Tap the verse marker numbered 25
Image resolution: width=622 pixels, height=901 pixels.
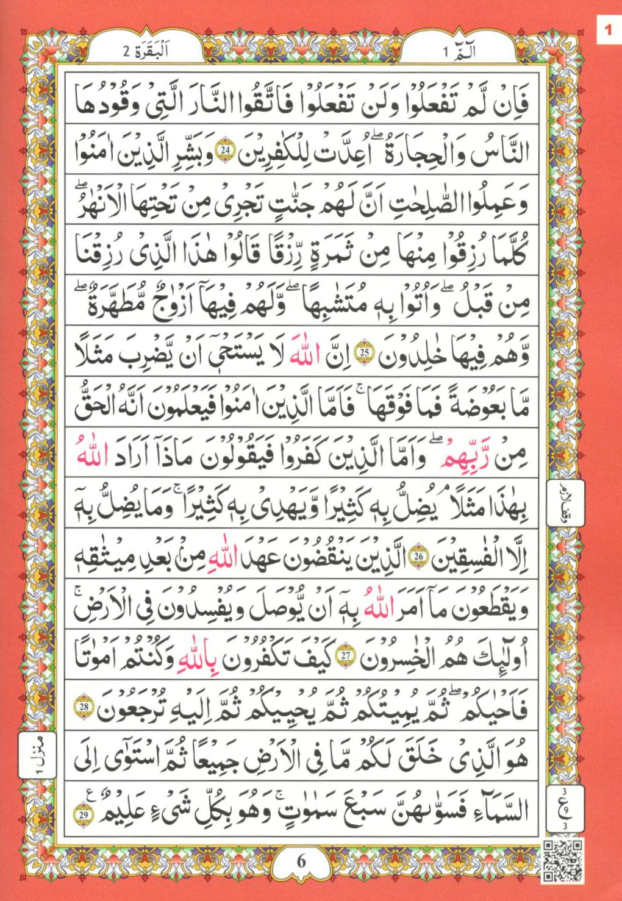pos(364,355)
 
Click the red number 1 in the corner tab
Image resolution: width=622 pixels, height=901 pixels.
pos(607,29)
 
